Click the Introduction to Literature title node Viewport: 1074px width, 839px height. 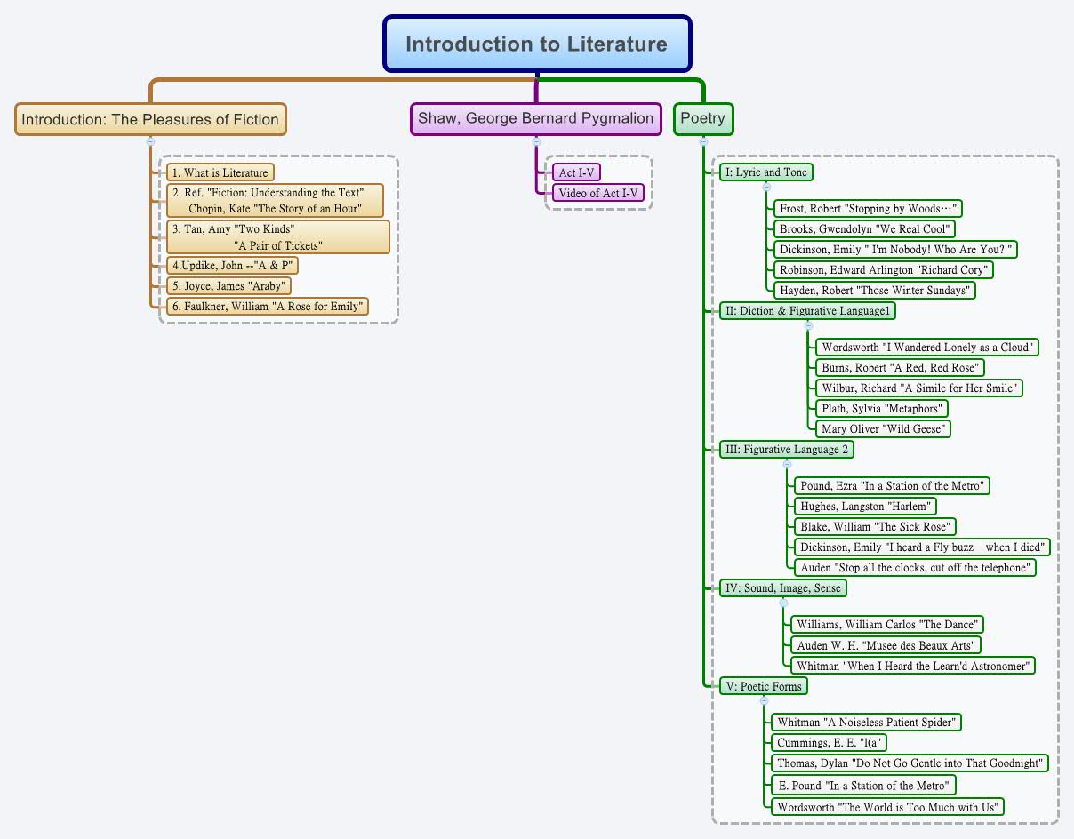(536, 44)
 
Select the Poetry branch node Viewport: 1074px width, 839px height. (702, 118)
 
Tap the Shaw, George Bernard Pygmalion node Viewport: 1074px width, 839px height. (535, 118)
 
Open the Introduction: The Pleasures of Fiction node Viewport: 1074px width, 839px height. (150, 119)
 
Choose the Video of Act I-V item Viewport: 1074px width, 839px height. (597, 193)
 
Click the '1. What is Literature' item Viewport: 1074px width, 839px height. (220, 172)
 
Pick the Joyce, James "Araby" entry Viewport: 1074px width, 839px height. (228, 286)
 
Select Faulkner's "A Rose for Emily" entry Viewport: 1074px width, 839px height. (268, 307)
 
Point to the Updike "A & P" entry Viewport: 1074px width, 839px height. (231, 265)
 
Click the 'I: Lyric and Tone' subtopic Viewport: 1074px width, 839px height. (766, 172)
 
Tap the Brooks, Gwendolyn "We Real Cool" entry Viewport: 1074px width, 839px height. (853, 229)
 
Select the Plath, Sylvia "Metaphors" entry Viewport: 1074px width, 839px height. (882, 409)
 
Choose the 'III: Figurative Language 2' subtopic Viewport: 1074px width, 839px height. (787, 450)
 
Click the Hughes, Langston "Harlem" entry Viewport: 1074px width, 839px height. (865, 507)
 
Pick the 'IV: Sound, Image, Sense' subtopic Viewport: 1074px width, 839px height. (782, 588)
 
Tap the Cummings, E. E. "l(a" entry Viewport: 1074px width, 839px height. (830, 743)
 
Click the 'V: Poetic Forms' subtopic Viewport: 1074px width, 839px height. (764, 686)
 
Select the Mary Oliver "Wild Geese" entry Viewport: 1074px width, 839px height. (883, 429)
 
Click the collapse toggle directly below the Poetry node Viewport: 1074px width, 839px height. (703, 140)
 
